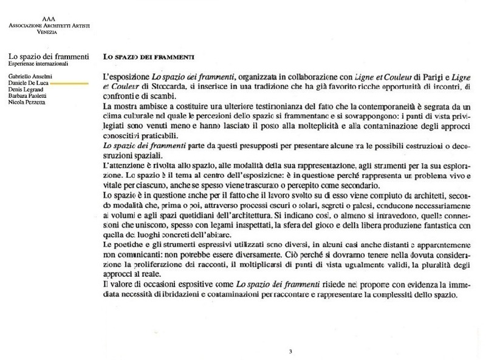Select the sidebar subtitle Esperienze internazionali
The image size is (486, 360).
pos(38,64)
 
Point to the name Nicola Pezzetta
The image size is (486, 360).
pos(27,102)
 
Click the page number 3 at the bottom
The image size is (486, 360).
pos(290,351)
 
